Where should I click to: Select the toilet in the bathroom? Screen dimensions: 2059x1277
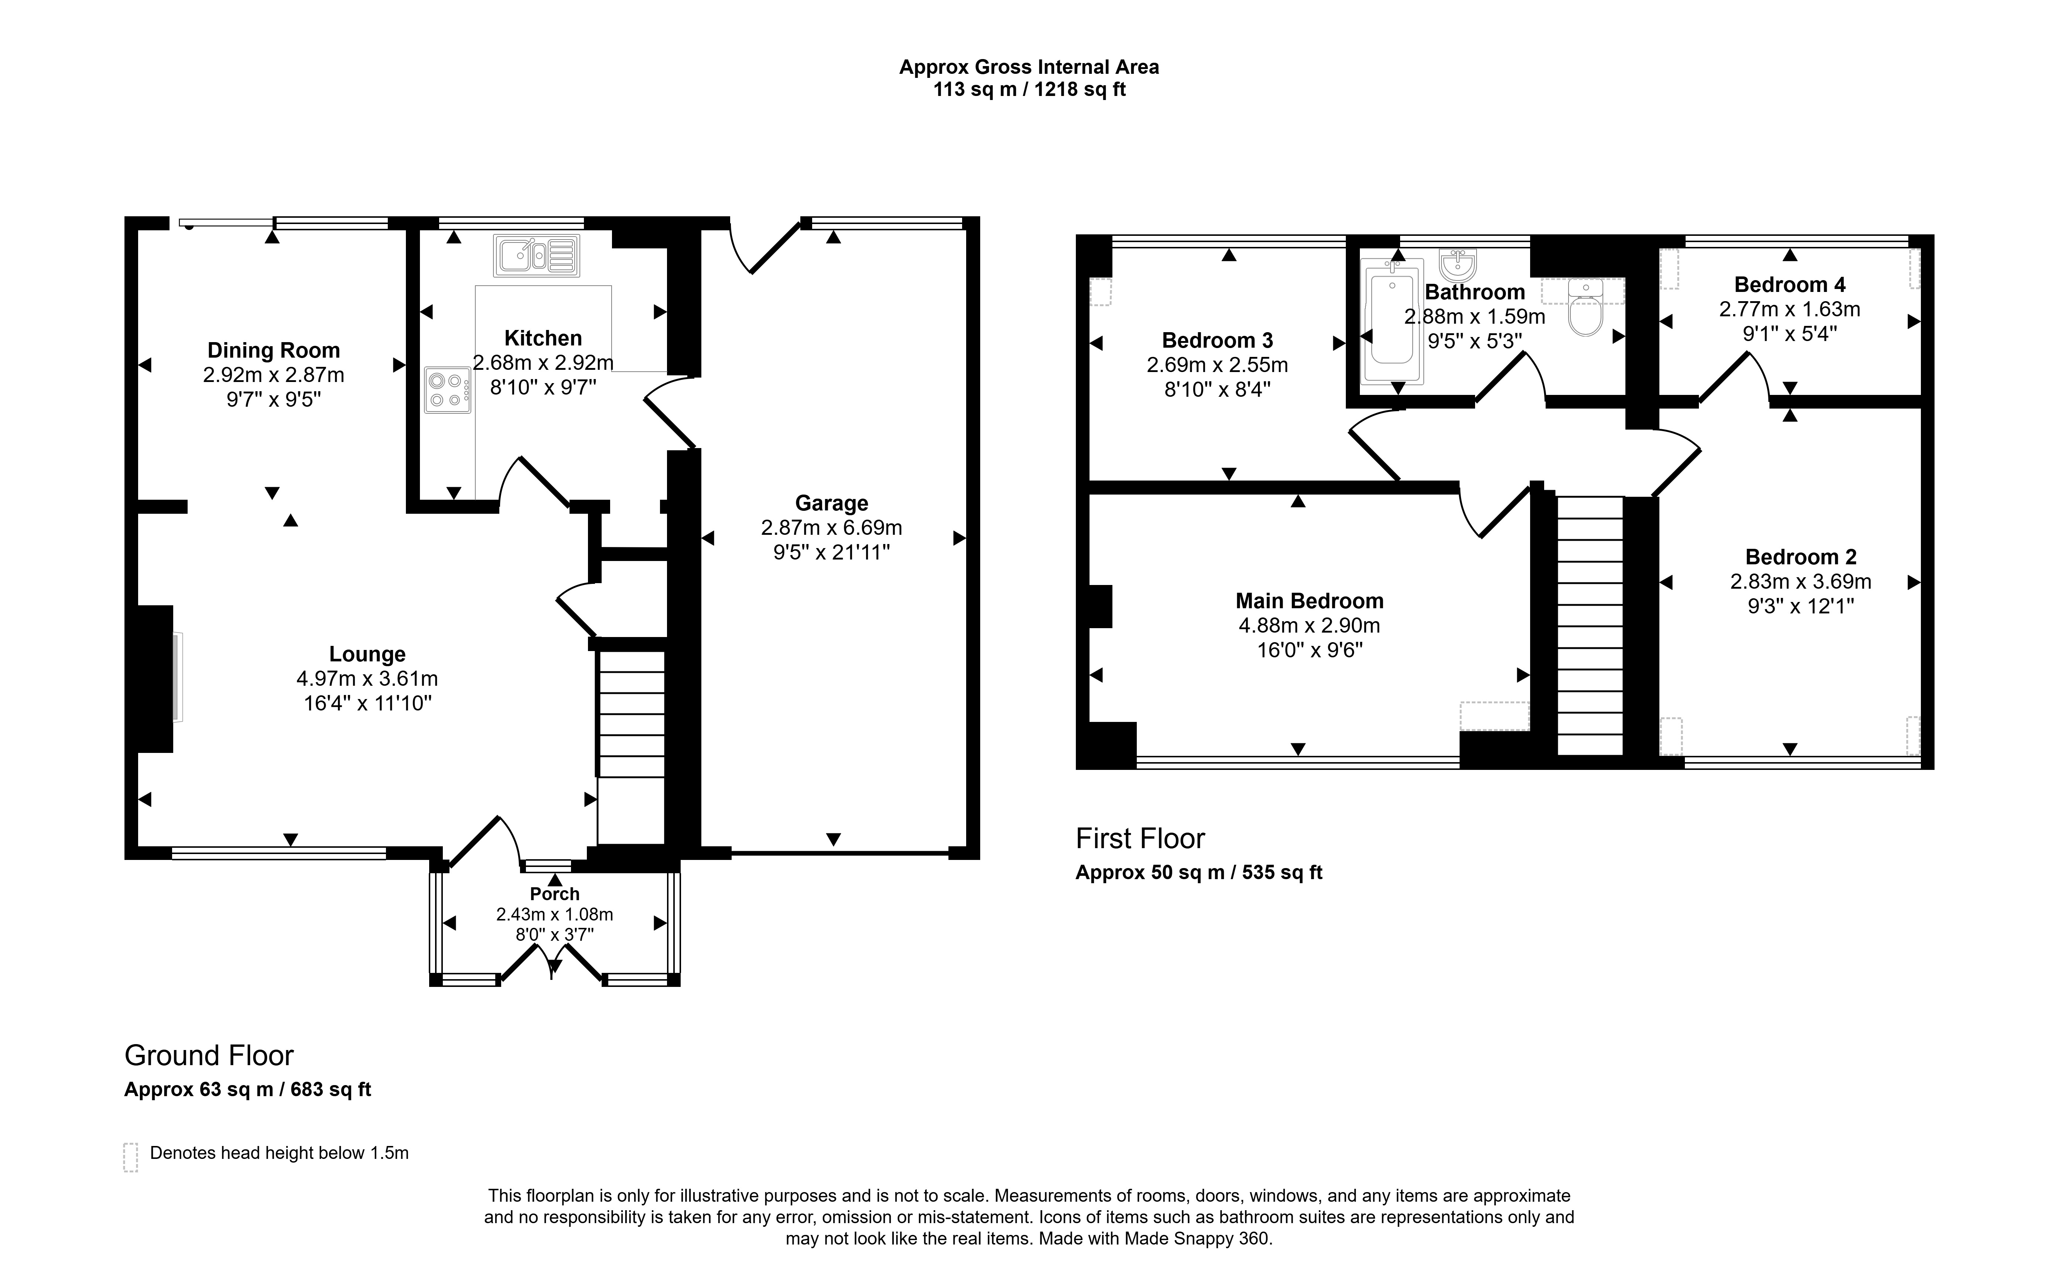[x=1585, y=308]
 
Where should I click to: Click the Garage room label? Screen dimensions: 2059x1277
[x=831, y=503]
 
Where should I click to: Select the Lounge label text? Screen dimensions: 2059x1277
[x=367, y=654]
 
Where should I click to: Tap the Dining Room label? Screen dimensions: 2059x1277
[x=274, y=351]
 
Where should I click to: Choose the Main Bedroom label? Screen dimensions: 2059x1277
[x=1310, y=601]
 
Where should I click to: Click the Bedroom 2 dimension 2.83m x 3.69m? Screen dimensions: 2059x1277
[x=1800, y=582]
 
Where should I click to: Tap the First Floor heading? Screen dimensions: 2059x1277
[x=1140, y=839]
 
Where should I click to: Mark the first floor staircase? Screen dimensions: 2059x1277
[x=1590, y=626]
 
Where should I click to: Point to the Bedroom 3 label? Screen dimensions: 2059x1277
[x=1218, y=340]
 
